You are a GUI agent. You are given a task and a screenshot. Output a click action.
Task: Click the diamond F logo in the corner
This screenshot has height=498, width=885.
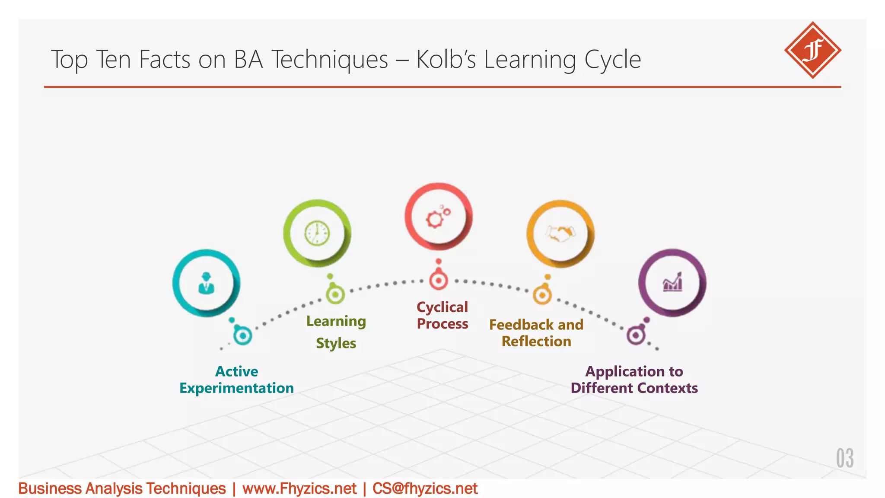[812, 50]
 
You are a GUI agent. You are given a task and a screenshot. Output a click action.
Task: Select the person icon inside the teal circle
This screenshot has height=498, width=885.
[206, 284]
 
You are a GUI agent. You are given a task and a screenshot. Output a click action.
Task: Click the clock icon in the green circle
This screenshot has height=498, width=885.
[317, 233]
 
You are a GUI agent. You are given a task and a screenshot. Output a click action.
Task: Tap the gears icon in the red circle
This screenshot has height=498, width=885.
[438, 217]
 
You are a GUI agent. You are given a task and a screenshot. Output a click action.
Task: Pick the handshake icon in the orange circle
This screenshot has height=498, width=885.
[560, 234]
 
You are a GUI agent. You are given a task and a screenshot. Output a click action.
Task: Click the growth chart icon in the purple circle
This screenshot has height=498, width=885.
[672, 283]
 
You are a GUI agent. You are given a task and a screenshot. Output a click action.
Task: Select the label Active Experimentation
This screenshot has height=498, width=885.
[236, 380]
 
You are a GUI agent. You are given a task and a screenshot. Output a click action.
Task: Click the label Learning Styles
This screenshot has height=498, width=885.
[336, 332]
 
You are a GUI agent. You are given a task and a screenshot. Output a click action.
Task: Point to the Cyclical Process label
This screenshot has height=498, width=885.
[442, 315]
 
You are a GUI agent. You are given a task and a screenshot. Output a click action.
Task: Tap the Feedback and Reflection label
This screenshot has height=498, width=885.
[536, 333]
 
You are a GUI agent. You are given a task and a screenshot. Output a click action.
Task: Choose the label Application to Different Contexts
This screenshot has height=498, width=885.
[634, 380]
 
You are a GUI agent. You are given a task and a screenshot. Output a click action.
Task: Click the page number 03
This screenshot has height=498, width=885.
[844, 458]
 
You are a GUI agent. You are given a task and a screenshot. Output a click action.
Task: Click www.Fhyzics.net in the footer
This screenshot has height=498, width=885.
[299, 488]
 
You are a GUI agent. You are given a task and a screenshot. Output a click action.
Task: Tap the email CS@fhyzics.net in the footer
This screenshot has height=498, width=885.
[425, 488]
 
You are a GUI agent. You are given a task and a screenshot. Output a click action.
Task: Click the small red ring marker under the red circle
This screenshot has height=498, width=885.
[438, 281]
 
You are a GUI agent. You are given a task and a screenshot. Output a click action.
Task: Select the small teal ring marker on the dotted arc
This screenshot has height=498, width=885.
[243, 335]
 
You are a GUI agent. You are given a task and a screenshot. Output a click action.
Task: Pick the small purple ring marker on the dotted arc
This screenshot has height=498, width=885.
[636, 335]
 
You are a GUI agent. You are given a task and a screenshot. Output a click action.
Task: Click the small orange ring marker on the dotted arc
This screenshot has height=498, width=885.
[542, 296]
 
